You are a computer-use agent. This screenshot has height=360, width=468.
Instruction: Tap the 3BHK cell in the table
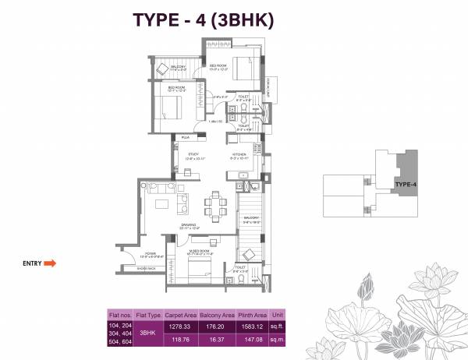point(147,333)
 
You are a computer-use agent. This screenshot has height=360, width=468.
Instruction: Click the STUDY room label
point(193,154)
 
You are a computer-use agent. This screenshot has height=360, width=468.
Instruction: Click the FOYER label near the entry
point(150,252)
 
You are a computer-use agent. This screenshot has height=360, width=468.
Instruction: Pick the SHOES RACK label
point(146,269)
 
